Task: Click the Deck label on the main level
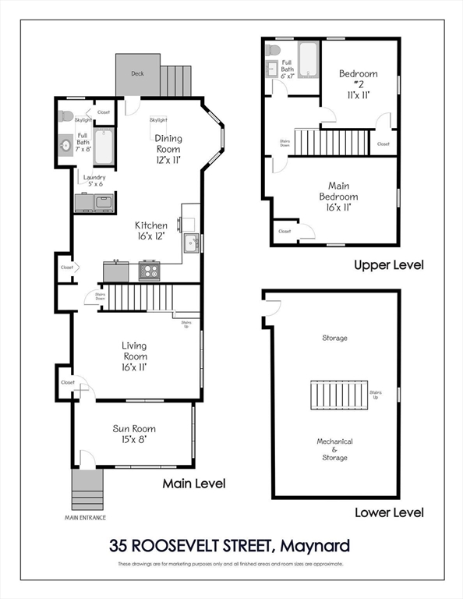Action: coord(137,74)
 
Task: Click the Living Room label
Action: coord(133,356)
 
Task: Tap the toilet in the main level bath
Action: coord(66,117)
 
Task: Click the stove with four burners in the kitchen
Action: coord(149,271)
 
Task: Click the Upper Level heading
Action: coord(388,265)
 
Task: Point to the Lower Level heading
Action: coord(388,512)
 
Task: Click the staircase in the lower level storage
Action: coord(338,395)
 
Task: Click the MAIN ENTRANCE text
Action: coord(86,517)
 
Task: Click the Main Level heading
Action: coord(193,484)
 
